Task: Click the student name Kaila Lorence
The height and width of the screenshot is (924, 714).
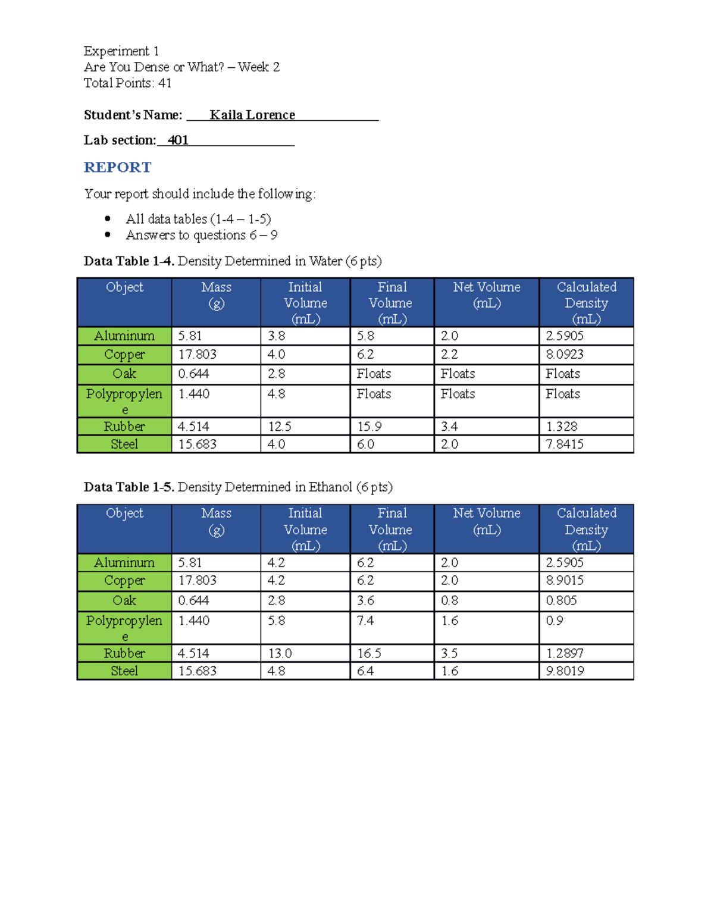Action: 252,115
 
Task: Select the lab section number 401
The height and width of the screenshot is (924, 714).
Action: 178,140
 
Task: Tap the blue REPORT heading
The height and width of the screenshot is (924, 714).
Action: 118,167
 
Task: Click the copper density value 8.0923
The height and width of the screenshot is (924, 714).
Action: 565,355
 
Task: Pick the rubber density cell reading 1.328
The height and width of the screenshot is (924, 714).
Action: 562,427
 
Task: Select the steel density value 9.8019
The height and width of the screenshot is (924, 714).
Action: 565,671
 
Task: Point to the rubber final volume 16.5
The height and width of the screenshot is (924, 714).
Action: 369,653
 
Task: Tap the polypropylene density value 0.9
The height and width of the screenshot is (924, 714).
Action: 555,621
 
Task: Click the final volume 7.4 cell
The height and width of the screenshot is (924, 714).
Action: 365,621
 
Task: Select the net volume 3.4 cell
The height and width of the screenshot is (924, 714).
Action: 449,427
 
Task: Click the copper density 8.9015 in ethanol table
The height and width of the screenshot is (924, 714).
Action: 565,580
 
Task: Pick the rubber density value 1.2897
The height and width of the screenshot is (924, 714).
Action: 565,653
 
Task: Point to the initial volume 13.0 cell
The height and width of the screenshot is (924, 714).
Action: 280,653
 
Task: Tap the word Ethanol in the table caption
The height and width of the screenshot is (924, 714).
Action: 330,487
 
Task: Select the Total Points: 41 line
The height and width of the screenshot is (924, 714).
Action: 127,83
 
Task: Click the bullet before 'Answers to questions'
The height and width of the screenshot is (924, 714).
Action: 108,234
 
